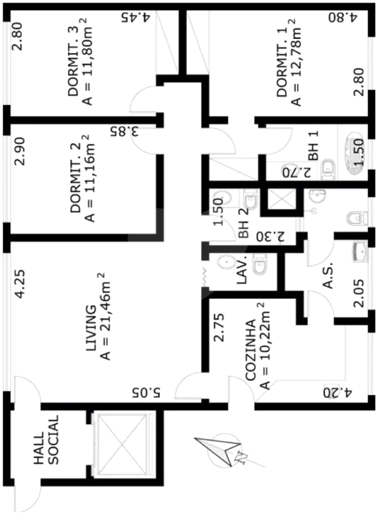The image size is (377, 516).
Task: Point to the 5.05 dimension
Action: (x=146, y=392)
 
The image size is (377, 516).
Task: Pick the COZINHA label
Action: (x=251, y=350)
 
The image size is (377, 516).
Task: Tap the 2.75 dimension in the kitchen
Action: (x=218, y=328)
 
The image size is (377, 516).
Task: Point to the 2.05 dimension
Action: (x=359, y=293)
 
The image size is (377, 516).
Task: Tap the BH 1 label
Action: (x=313, y=146)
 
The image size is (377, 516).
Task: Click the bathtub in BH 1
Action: (x=354, y=153)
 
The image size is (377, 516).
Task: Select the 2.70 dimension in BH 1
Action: (x=296, y=172)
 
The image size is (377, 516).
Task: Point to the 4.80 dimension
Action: (x=343, y=17)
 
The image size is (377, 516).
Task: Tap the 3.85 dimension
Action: (x=124, y=132)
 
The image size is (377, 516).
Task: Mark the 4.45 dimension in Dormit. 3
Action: (x=136, y=17)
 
